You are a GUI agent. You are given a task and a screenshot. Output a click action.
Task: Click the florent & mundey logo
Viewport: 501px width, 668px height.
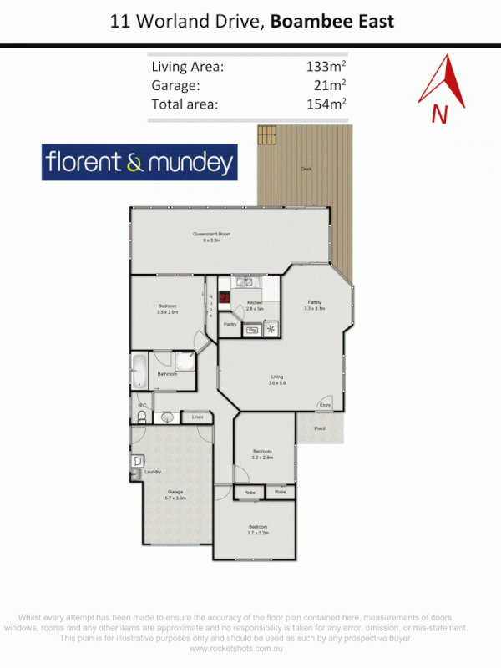pos(139,162)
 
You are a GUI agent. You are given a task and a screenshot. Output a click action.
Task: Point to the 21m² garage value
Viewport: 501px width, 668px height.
pos(331,86)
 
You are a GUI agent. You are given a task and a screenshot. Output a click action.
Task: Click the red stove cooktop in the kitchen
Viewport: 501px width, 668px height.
pos(225,296)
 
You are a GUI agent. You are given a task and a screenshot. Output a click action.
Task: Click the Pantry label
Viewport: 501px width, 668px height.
pos(230,324)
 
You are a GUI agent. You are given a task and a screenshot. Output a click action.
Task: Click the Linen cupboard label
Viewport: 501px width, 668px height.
pos(198,416)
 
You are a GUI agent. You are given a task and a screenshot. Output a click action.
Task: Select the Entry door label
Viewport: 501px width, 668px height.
pos(326,407)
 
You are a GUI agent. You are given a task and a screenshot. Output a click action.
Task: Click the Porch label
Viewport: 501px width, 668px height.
pos(320,428)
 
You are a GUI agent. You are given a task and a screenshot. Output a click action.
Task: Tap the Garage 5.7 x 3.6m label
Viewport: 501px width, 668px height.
pos(175,494)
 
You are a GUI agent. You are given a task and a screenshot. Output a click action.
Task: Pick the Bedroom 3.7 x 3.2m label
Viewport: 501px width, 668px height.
pos(257,529)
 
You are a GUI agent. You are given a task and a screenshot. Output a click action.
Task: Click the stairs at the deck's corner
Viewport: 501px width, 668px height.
pos(266,135)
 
